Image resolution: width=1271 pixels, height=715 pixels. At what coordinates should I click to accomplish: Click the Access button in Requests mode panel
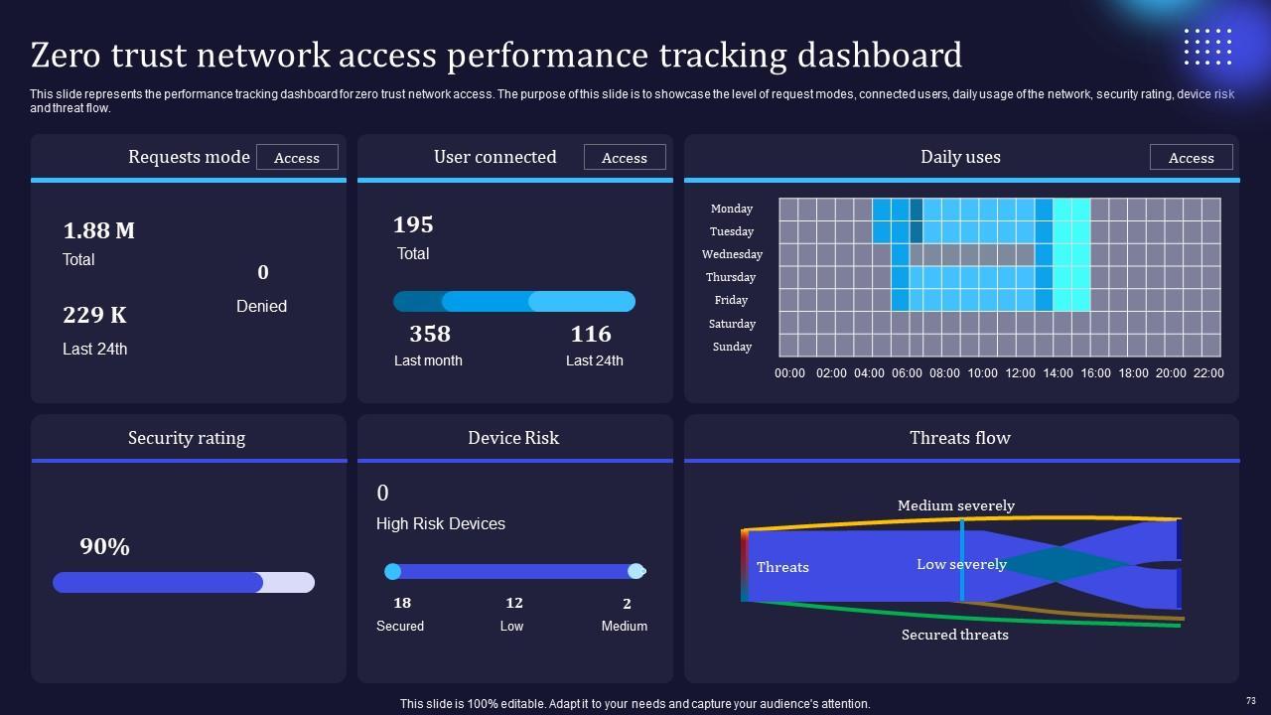[297, 158]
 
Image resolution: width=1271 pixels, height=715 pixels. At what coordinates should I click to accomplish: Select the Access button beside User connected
[625, 158]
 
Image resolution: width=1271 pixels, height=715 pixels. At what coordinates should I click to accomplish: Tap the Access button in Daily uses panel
[1191, 158]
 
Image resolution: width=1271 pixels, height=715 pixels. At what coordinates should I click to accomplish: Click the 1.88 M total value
[98, 230]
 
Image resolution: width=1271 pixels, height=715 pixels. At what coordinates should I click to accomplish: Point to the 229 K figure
[94, 315]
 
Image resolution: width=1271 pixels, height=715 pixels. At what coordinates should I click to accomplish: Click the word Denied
[261, 306]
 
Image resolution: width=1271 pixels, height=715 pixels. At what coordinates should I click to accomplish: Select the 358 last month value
[429, 334]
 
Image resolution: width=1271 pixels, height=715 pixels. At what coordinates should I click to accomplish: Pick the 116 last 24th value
[591, 334]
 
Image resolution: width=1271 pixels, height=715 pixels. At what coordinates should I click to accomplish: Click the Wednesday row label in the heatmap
[732, 254]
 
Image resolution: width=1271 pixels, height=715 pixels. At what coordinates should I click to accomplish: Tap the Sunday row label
[732, 347]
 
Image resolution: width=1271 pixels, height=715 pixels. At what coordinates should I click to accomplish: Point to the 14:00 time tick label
[1057, 373]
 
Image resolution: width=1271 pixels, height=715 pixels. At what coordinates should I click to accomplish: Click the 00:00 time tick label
[789, 373]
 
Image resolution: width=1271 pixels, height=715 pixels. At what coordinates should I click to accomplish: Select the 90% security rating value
[104, 547]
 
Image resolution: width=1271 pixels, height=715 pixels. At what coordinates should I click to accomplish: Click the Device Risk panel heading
[513, 438]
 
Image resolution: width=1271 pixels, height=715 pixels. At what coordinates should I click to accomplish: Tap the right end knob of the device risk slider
[635, 571]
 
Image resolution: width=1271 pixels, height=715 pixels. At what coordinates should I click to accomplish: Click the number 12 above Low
[513, 603]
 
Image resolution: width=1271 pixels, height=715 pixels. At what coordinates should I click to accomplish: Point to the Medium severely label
[955, 505]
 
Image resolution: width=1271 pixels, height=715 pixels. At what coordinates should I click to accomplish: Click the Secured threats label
[954, 635]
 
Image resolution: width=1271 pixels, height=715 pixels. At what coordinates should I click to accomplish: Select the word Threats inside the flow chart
[782, 567]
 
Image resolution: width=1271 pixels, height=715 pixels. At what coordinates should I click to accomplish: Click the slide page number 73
[1251, 700]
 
